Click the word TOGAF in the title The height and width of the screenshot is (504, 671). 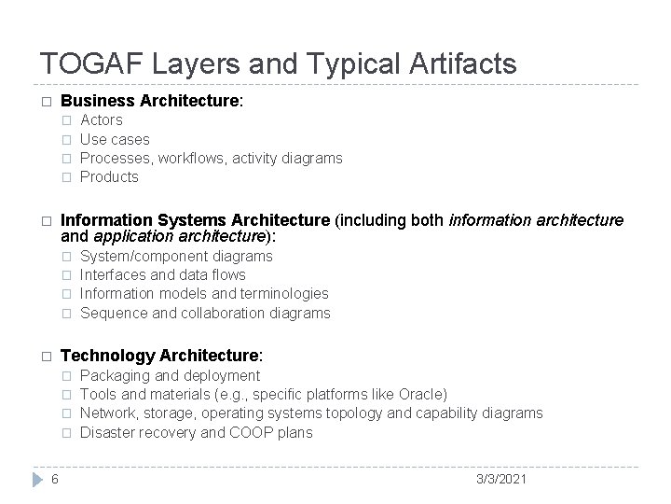(x=84, y=63)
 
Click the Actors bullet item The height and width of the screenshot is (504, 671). (x=102, y=120)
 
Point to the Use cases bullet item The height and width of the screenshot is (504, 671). (x=115, y=139)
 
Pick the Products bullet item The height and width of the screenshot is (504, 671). (x=109, y=176)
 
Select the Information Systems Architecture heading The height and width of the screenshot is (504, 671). (x=195, y=219)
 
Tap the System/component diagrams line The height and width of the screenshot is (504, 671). (x=176, y=256)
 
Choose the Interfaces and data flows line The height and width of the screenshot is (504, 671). (x=163, y=274)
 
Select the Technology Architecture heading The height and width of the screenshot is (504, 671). (x=161, y=356)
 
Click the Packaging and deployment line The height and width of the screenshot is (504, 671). (x=171, y=375)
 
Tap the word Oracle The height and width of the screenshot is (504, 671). (x=421, y=394)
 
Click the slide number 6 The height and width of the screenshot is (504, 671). (x=56, y=479)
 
